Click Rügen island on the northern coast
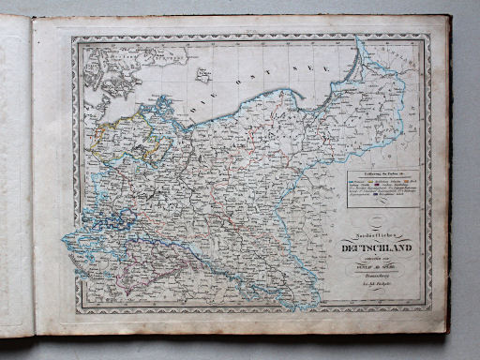(165, 104)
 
